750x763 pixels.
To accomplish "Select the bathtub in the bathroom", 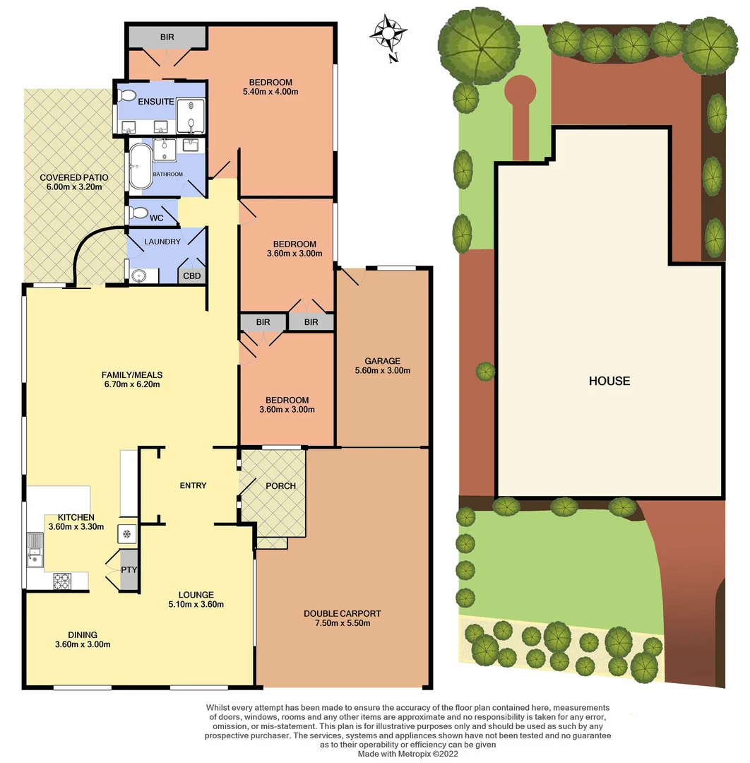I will (x=139, y=167).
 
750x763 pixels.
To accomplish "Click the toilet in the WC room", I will (x=138, y=213).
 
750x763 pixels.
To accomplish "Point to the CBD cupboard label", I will (x=192, y=276).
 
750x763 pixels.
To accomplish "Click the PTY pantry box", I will (x=129, y=569).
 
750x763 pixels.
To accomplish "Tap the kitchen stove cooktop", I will (x=62, y=581).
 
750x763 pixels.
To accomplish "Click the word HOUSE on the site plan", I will (x=609, y=381).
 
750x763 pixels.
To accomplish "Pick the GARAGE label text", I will (x=382, y=360).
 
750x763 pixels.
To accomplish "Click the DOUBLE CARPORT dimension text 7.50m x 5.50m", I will (x=343, y=623).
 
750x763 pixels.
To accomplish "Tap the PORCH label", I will (x=280, y=486).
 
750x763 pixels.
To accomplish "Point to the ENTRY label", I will (x=193, y=485).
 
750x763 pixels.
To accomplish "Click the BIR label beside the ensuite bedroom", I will (x=167, y=37).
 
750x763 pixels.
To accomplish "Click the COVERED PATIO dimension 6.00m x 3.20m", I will (x=71, y=187).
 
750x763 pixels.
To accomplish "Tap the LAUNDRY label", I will (x=163, y=242).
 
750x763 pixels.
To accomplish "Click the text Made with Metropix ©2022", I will (x=408, y=754).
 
